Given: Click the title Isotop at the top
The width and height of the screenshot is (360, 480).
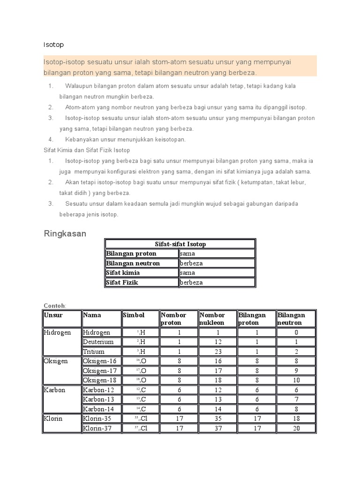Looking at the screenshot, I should coord(53,45).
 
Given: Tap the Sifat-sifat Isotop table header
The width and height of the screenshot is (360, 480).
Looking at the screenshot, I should coord(180,244).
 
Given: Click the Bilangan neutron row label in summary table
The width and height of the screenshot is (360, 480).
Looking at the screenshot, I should coord(133,263).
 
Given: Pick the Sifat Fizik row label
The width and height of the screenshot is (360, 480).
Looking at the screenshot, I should coord(123,283).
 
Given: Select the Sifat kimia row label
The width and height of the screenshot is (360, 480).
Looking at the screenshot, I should coord(123,273).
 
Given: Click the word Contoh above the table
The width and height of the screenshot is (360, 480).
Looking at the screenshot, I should coord(54,306).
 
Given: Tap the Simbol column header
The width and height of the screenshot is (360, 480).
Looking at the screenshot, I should coord(134,315).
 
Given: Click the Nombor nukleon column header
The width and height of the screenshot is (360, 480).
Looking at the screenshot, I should coord(212,319).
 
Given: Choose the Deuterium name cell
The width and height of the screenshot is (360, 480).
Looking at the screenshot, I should coord(98,342).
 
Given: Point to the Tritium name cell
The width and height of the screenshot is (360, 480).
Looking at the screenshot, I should coord(94,352).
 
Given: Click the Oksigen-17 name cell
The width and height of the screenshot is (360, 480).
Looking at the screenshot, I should coord(99,371).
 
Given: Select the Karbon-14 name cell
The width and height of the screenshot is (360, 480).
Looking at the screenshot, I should coord(98,409).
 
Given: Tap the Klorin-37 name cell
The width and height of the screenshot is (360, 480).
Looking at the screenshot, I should coord(97,428).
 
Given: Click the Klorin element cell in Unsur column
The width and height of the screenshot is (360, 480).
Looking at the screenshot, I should coord(53,419).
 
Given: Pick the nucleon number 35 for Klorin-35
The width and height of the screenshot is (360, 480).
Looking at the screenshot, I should coord(217,419).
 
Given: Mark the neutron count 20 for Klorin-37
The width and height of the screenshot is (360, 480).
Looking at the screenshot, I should coord(296,428).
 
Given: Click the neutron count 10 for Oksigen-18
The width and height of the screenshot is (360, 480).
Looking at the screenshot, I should coord(296,380).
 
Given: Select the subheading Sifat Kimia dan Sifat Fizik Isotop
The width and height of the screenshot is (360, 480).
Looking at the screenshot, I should coord(87,150).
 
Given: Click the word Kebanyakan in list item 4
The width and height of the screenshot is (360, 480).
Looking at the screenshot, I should coord(83,139).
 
